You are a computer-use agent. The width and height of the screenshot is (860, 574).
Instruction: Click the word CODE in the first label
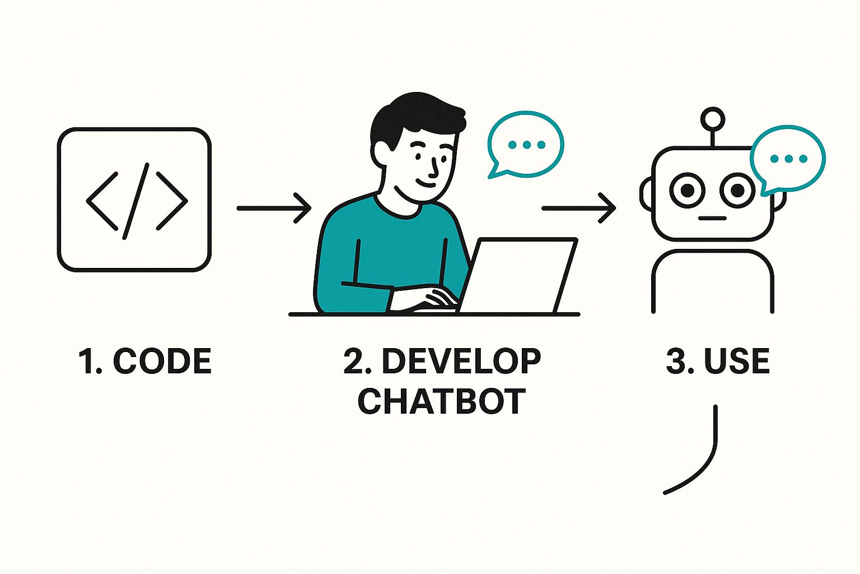162,362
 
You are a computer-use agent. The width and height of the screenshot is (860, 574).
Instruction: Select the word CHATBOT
442,401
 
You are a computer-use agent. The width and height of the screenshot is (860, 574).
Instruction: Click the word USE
736,362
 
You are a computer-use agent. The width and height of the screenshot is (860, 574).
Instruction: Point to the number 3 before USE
679,362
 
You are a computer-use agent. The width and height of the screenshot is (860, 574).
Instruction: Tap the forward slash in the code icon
136,201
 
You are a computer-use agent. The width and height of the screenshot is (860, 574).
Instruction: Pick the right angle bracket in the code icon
171,201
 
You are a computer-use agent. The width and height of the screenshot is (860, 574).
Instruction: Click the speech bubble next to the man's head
525,144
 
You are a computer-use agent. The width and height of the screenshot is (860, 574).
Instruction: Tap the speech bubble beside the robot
788,159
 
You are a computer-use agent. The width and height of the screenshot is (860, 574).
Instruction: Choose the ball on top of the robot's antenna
713,119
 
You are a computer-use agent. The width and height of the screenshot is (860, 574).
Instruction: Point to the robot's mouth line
712,218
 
